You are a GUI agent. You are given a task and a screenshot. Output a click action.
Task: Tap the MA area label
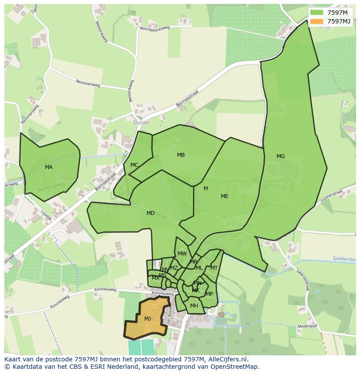pos(49,167)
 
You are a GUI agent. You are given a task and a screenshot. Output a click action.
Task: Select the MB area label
pos(181,155)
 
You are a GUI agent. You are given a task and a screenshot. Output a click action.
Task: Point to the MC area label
pos(134,165)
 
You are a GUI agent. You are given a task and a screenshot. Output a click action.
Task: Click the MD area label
pos(150,213)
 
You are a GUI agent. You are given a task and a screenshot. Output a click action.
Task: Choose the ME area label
pos(224,196)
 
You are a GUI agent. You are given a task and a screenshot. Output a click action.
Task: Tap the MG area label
pos(280,156)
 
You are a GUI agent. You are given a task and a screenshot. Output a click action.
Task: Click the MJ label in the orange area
pos(148,318)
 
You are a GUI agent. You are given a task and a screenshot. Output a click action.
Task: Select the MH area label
pos(194,306)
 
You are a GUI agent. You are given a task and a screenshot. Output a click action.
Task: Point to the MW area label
pos(182,254)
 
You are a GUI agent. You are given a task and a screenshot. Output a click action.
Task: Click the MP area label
pos(210,294)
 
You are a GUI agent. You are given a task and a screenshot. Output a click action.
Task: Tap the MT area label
pos(214,268)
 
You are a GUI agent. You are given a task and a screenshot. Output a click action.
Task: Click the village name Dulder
pos(142,122)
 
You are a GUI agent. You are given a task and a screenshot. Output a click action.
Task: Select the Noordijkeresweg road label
pos(154,27)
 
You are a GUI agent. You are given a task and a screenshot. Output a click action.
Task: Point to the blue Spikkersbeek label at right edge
pos(344,258)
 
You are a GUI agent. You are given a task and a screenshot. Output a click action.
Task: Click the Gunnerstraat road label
pos(332,198)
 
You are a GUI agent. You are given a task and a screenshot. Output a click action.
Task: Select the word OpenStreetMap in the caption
pos(237,367)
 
